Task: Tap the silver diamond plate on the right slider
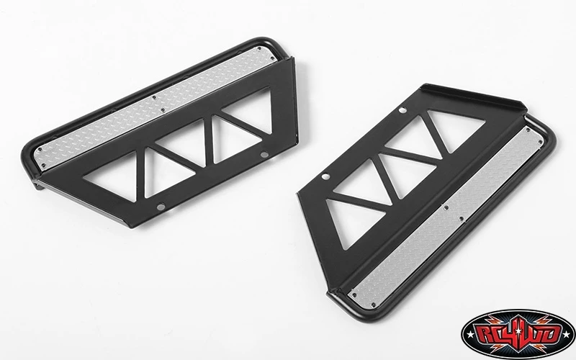pos(446,217)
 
